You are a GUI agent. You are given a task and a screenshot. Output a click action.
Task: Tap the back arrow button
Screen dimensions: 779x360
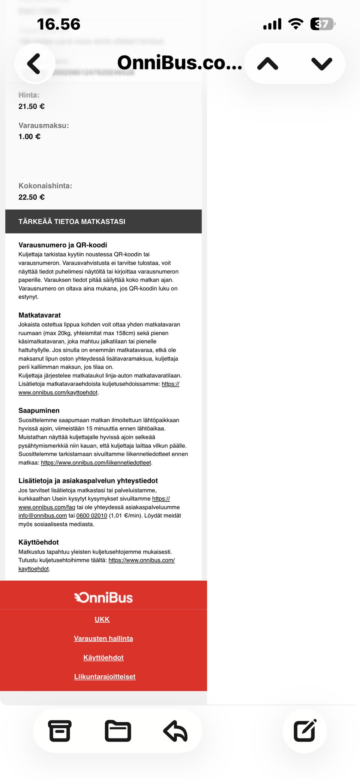click(x=34, y=63)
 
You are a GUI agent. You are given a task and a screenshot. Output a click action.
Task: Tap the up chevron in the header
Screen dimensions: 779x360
click(x=268, y=64)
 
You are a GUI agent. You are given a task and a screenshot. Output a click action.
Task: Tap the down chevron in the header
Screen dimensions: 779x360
click(x=322, y=64)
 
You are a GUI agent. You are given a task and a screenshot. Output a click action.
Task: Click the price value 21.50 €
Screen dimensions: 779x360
click(x=31, y=106)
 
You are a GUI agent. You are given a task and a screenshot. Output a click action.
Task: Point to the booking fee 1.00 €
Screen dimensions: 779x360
click(x=30, y=137)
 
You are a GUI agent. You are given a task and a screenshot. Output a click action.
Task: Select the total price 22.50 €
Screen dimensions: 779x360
click(x=31, y=197)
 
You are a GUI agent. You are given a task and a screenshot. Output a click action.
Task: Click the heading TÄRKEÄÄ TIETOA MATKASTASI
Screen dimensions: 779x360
click(x=72, y=222)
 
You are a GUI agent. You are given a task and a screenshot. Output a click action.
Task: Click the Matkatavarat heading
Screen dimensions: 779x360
click(x=39, y=315)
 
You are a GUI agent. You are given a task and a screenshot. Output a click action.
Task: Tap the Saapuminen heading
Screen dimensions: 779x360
click(x=39, y=410)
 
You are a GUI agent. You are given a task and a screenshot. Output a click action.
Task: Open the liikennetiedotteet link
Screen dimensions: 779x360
click(x=96, y=463)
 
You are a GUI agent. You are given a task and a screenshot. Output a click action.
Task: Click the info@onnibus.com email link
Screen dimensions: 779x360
click(x=43, y=515)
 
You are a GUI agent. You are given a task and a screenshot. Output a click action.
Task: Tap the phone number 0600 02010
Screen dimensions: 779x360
click(x=91, y=515)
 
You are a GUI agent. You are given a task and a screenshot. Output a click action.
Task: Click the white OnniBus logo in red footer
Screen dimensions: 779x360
click(x=103, y=597)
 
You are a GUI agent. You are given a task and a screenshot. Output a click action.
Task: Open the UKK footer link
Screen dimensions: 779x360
click(x=102, y=619)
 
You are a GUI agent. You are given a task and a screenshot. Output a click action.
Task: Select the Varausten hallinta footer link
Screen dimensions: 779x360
click(x=103, y=638)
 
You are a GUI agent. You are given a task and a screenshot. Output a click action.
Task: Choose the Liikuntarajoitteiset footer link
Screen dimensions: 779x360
click(x=105, y=677)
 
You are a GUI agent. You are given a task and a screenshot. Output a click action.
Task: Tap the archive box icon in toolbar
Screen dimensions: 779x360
click(x=60, y=731)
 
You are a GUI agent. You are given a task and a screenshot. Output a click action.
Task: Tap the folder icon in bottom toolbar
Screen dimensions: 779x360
click(x=118, y=731)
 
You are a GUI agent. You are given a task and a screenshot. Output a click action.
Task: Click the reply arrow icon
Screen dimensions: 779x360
click(x=175, y=731)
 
